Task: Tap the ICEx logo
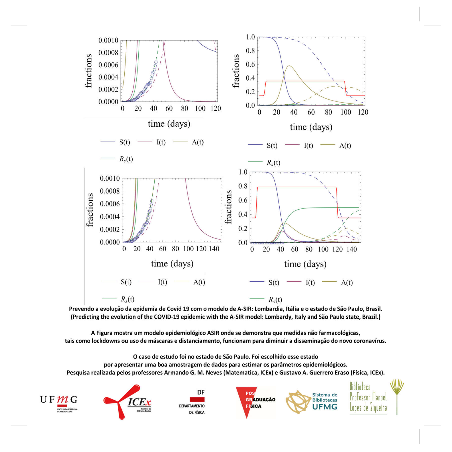click(128, 402)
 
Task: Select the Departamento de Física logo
click(192, 402)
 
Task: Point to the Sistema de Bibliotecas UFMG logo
click(312, 402)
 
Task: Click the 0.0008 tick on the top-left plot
click(108, 53)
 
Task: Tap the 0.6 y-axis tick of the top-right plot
click(250, 64)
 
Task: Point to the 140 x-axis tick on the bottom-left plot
click(214, 249)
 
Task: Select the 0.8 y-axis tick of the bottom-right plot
click(243, 186)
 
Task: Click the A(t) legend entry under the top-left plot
click(198, 142)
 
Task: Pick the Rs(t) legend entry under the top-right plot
click(273, 163)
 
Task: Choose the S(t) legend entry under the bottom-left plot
click(126, 282)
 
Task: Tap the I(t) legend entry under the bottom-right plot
click(310, 283)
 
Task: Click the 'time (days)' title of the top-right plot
click(311, 127)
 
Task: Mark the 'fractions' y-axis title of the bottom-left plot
click(89, 210)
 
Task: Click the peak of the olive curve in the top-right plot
click(289, 66)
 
